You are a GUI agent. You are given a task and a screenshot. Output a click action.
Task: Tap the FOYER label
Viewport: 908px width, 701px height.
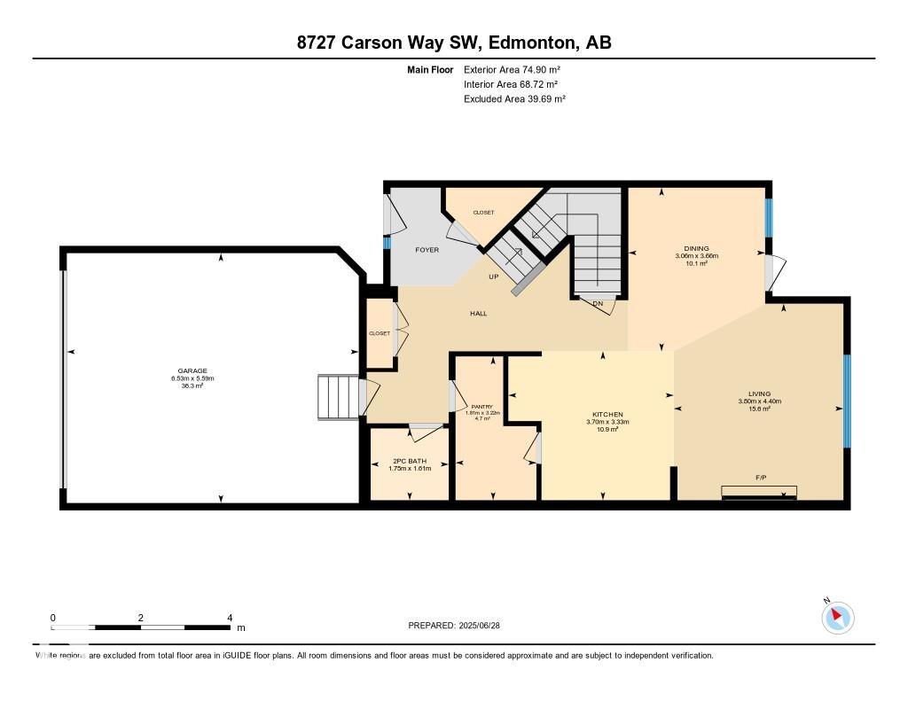coord(427,250)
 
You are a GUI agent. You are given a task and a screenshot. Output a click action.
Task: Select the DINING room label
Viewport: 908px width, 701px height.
coord(696,249)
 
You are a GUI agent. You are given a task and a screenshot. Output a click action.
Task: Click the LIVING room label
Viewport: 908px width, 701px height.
coord(759,393)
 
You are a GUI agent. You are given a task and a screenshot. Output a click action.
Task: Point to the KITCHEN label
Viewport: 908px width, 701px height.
coord(607,415)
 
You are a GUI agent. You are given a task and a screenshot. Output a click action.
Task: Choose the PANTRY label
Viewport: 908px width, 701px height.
coord(482,407)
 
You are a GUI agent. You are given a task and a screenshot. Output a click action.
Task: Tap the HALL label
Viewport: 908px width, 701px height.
coord(478,313)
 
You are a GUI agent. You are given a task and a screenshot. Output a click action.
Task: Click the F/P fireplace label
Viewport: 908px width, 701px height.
coord(760,478)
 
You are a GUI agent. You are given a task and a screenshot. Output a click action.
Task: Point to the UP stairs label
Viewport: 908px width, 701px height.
coord(494,277)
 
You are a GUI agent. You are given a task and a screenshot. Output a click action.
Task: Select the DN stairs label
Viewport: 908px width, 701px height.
coord(598,304)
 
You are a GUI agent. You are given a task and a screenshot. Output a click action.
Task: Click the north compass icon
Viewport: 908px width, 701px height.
coord(837,617)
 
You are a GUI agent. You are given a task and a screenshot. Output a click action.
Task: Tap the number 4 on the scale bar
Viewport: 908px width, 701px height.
coord(230,618)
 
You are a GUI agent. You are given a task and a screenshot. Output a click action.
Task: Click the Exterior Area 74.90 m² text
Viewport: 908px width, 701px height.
coord(512,69)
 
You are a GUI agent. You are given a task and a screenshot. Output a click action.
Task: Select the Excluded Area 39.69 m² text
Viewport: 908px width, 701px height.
coord(514,99)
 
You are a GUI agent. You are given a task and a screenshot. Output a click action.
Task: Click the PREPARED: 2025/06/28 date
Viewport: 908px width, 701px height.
coord(460,625)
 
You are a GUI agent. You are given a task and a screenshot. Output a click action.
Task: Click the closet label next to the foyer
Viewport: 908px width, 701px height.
coord(483,213)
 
